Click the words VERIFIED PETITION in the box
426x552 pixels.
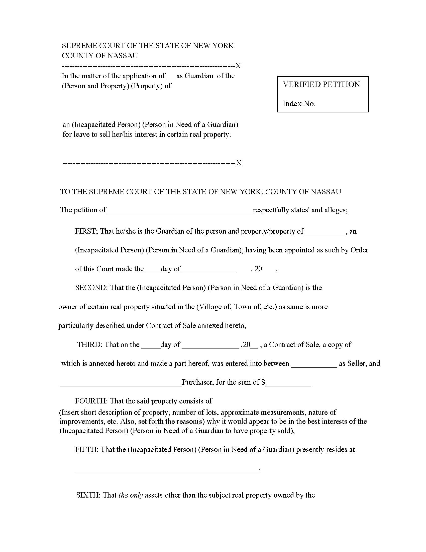pyautogui.click(x=321, y=84)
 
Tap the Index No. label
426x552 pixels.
pyautogui.click(x=299, y=103)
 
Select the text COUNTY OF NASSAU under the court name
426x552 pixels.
pyautogui.click(x=100, y=56)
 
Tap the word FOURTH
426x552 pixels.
pyautogui.click(x=91, y=401)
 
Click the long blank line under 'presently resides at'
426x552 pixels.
pyautogui.click(x=167, y=470)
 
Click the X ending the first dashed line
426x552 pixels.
pyautogui.click(x=238, y=66)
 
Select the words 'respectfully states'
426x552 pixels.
pyautogui.click(x=281, y=210)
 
